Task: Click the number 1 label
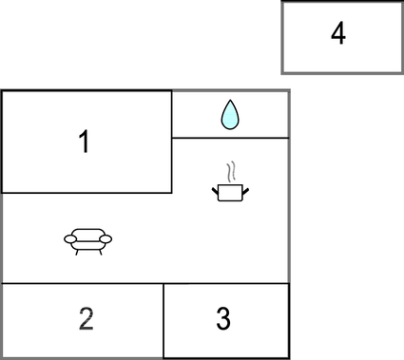tap(84, 142)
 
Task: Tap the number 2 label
tap(86, 319)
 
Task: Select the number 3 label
tap(223, 319)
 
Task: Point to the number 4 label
tap(337, 34)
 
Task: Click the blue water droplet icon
tap(230, 115)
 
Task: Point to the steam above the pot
tap(230, 173)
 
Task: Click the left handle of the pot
tap(215, 189)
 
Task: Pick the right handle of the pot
tap(246, 189)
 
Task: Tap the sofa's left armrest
tap(68, 239)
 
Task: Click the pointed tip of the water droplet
tap(230, 104)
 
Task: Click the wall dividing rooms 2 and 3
tap(164, 320)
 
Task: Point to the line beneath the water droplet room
tap(230, 138)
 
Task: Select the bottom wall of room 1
tap(86, 193)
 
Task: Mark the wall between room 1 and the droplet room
tap(172, 114)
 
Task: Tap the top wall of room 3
tap(226, 283)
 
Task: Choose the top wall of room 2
tap(84, 283)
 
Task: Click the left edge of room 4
tap(282, 36)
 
